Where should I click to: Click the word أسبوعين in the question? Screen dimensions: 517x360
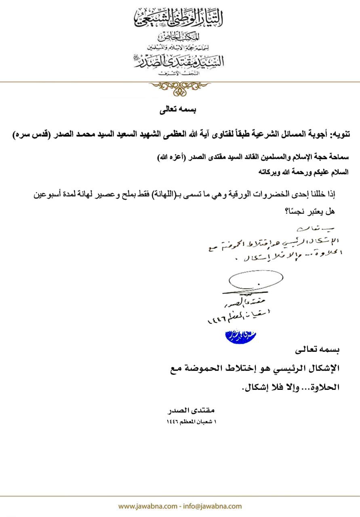pyautogui.click(x=51, y=194)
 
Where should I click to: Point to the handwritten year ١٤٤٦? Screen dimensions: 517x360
pyautogui.click(x=216, y=319)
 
